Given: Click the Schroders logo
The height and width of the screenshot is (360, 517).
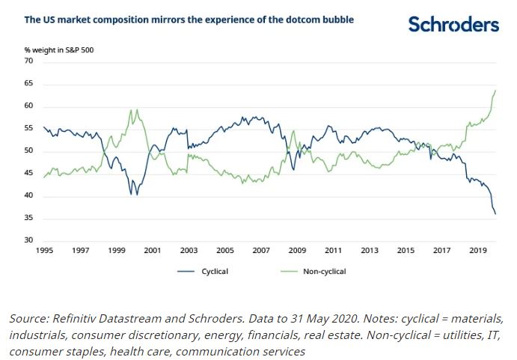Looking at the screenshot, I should [x=453, y=25].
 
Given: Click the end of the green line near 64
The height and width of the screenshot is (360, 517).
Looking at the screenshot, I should [x=495, y=91].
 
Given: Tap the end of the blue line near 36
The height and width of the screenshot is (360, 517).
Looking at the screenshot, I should [x=495, y=214].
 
